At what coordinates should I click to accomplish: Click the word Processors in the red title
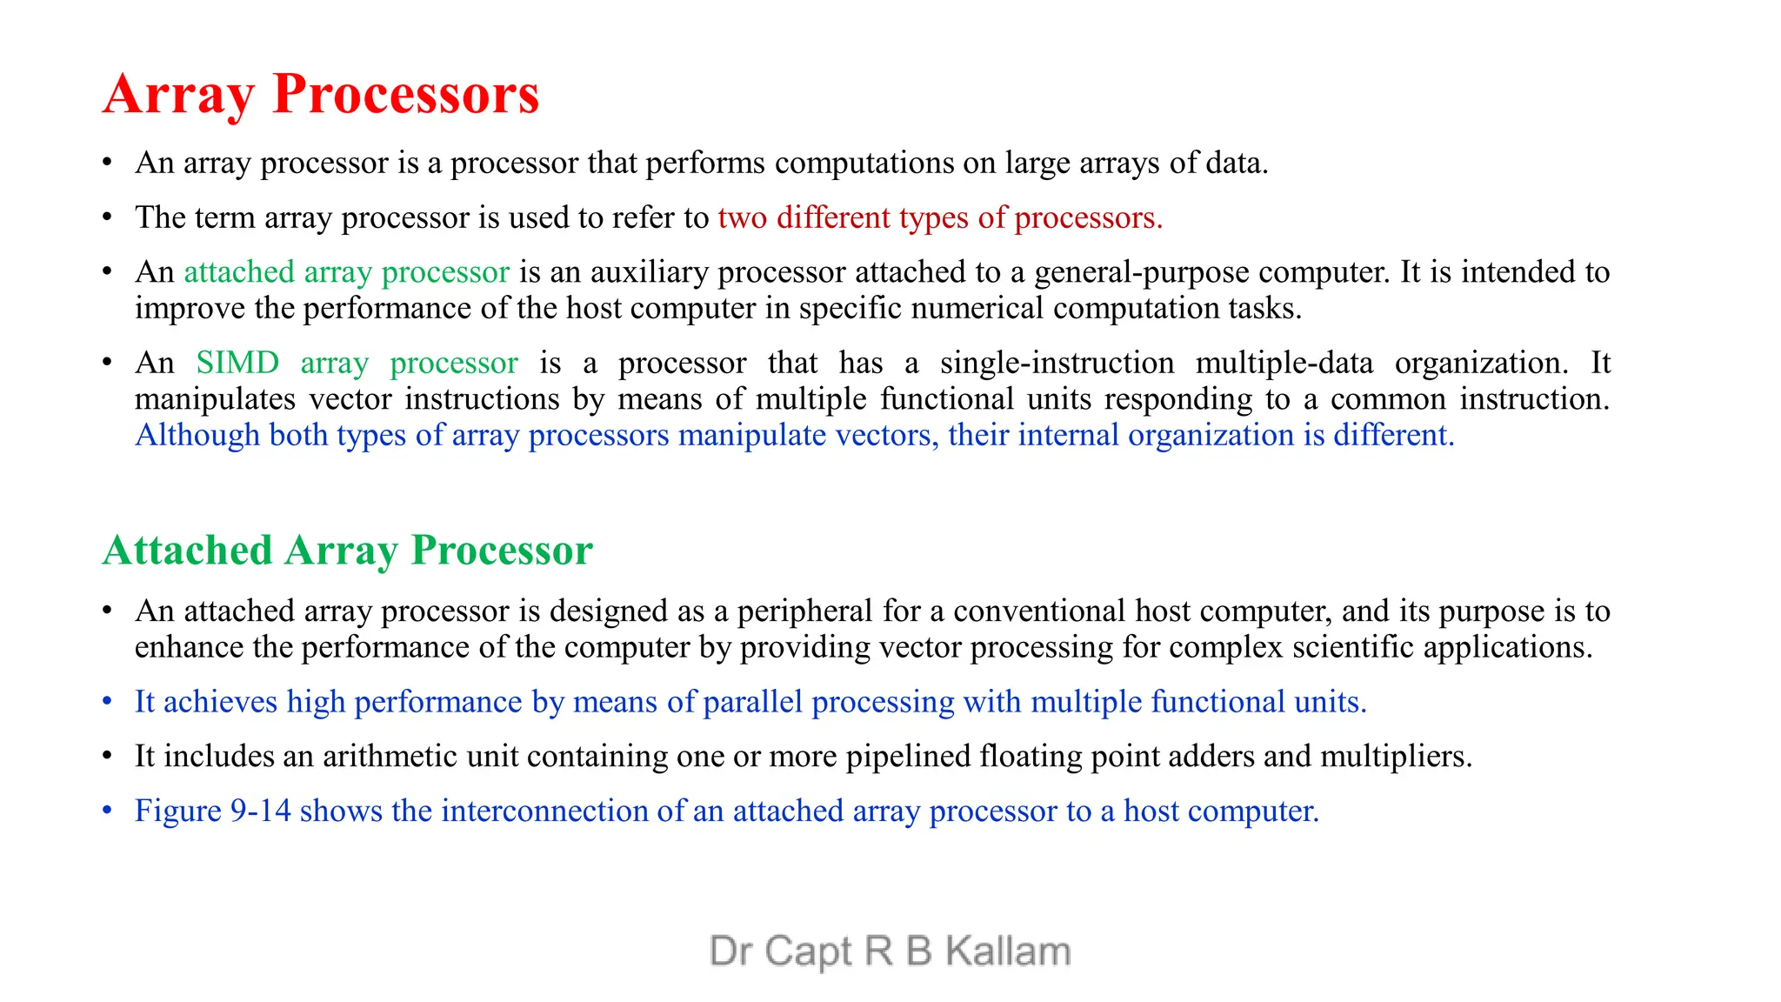tap(405, 94)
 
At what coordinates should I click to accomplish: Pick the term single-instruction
tap(1057, 362)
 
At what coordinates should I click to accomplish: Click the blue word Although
tap(197, 435)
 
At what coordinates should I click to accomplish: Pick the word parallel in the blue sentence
tap(753, 702)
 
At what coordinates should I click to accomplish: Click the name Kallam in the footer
tap(1007, 952)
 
